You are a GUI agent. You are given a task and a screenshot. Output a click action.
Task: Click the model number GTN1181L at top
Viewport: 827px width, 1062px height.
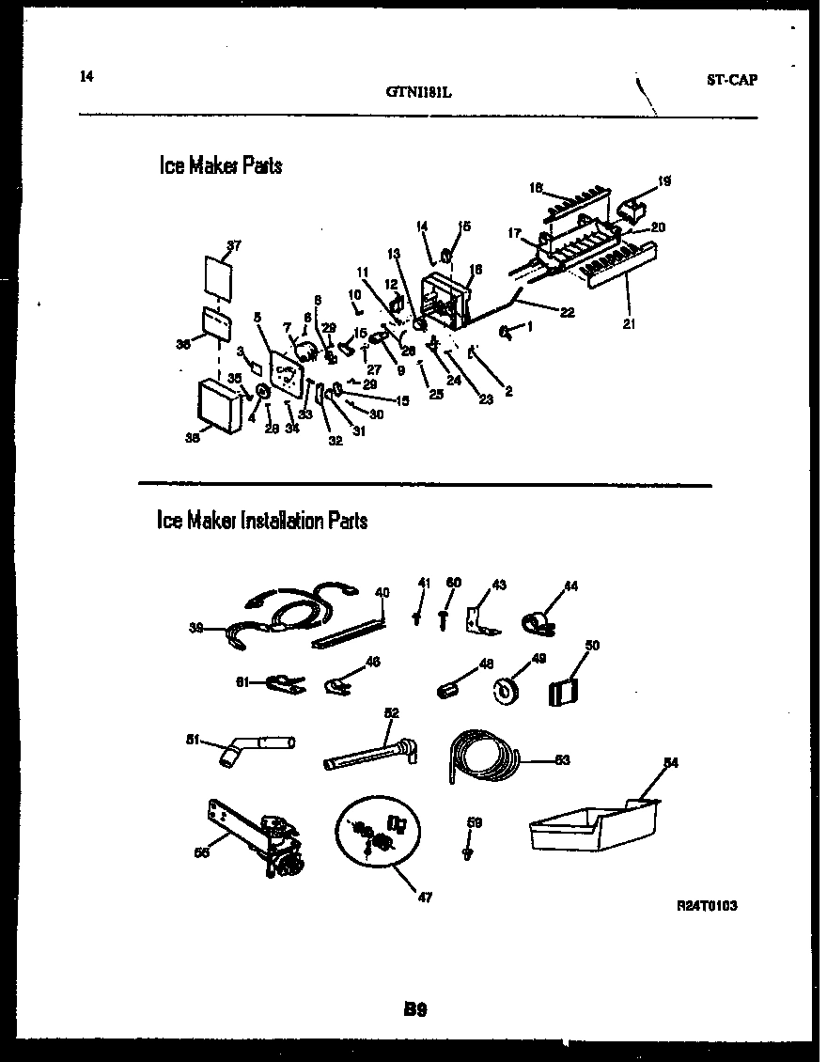[x=420, y=92]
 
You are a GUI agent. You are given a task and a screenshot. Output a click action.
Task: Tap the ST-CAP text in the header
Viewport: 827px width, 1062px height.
[x=731, y=80]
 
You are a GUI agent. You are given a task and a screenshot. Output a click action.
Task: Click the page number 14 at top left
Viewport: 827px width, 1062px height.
[x=87, y=77]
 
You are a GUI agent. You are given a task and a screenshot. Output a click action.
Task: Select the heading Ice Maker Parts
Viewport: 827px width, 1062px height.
[x=220, y=166]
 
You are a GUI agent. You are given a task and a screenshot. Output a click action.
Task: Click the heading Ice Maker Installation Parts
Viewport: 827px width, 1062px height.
[x=262, y=521]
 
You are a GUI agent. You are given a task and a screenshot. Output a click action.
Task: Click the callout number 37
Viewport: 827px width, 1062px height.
[x=233, y=246]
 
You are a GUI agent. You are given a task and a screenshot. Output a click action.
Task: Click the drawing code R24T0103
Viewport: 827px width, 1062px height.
[x=707, y=906]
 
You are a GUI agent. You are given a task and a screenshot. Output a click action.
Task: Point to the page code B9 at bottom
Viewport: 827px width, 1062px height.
[x=415, y=1010]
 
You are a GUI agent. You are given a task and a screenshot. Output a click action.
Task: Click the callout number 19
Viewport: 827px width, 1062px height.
[x=664, y=180]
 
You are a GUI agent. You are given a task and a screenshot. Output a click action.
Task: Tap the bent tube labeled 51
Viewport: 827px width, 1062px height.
[x=254, y=749]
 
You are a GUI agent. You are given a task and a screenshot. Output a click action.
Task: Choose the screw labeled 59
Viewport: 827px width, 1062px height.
[x=467, y=851]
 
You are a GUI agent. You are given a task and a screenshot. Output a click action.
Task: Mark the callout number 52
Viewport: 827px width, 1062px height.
[x=392, y=713]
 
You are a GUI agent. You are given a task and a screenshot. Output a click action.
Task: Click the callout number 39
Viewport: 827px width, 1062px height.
[x=195, y=629]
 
